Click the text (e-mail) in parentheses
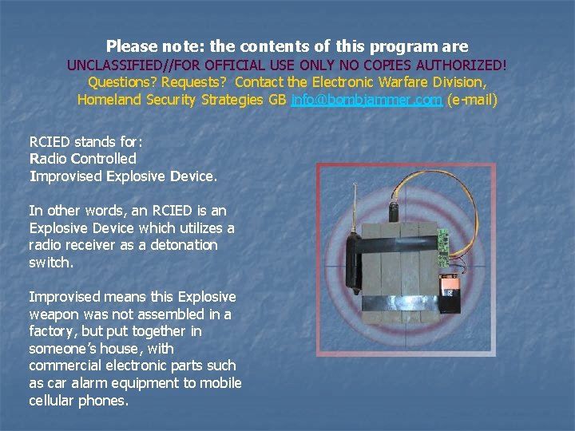click(472, 100)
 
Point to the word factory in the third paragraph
click(54, 331)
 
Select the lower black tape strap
click(399, 303)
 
